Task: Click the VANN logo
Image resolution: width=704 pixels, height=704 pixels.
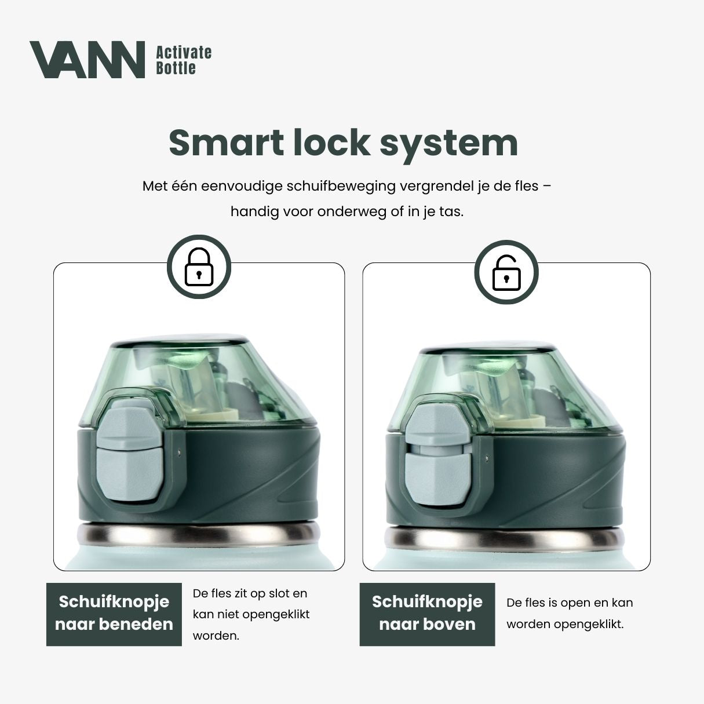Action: point(87,59)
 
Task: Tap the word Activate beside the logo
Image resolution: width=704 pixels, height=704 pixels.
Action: point(184,53)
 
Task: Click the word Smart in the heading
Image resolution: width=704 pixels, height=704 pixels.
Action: point(227,143)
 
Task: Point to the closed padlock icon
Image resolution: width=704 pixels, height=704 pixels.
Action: point(199,267)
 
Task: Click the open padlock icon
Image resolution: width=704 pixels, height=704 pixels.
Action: point(506,273)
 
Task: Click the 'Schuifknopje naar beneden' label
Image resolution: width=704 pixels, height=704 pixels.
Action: point(114,613)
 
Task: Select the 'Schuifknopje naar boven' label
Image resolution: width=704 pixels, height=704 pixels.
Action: point(427,613)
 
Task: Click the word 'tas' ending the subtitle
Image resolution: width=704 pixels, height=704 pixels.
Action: point(451,211)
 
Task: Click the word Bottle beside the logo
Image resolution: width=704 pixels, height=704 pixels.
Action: point(176,68)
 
